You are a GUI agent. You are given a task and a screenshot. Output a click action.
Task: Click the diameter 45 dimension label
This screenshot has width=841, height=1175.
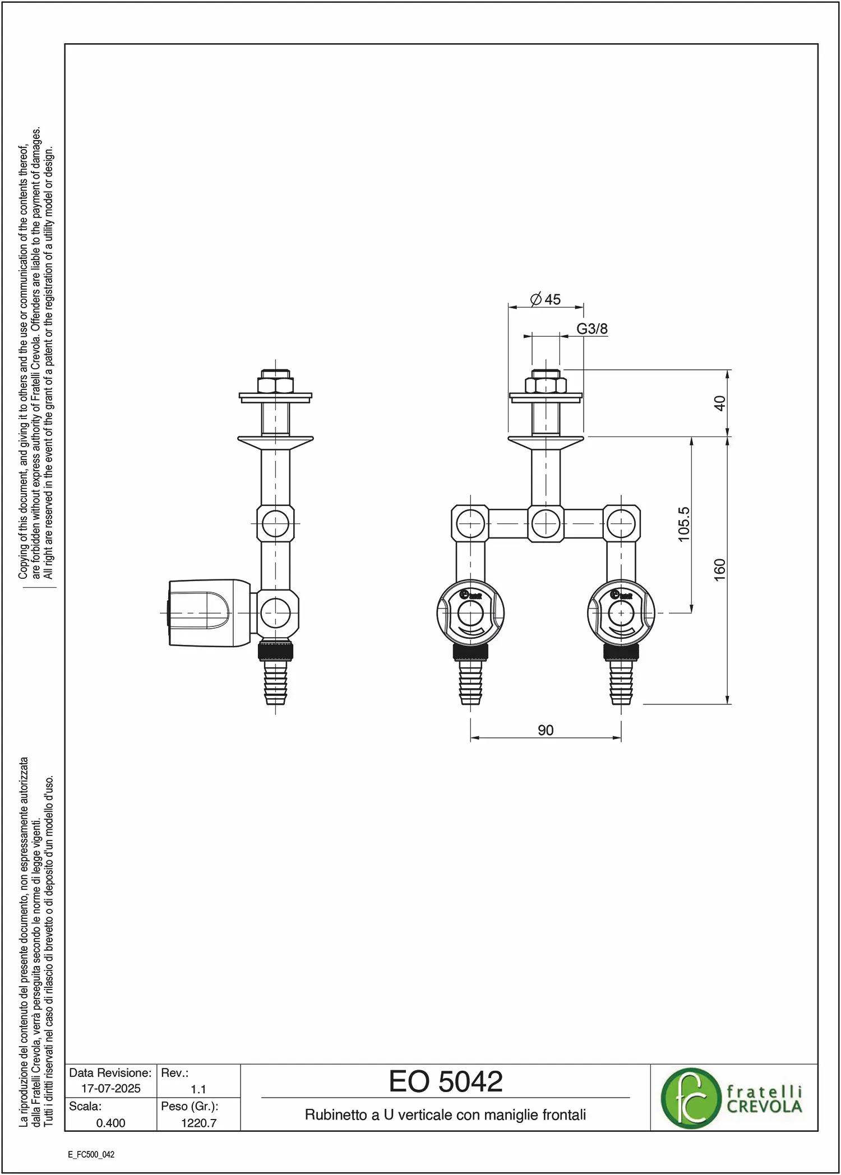[x=546, y=299]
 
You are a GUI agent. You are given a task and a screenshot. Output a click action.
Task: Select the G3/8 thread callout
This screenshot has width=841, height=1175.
[x=592, y=328]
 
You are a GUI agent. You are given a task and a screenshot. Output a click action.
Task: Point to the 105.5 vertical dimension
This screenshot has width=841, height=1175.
[x=684, y=524]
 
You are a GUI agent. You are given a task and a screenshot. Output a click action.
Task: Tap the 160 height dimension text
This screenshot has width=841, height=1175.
[x=720, y=570]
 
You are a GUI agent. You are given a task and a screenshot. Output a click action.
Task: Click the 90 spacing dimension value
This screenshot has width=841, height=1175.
[x=546, y=730]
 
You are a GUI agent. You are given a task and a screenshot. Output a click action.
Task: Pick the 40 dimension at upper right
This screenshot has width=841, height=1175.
[x=720, y=403]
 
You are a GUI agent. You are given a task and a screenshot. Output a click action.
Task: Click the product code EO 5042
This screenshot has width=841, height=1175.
[x=446, y=1081]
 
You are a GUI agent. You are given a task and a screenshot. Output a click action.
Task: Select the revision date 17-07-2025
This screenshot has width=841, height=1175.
[x=111, y=1088]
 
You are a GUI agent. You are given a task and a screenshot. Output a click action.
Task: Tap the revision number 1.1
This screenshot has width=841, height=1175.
[x=198, y=1089]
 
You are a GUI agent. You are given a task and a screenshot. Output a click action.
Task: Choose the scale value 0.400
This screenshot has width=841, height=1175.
[x=111, y=1123]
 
